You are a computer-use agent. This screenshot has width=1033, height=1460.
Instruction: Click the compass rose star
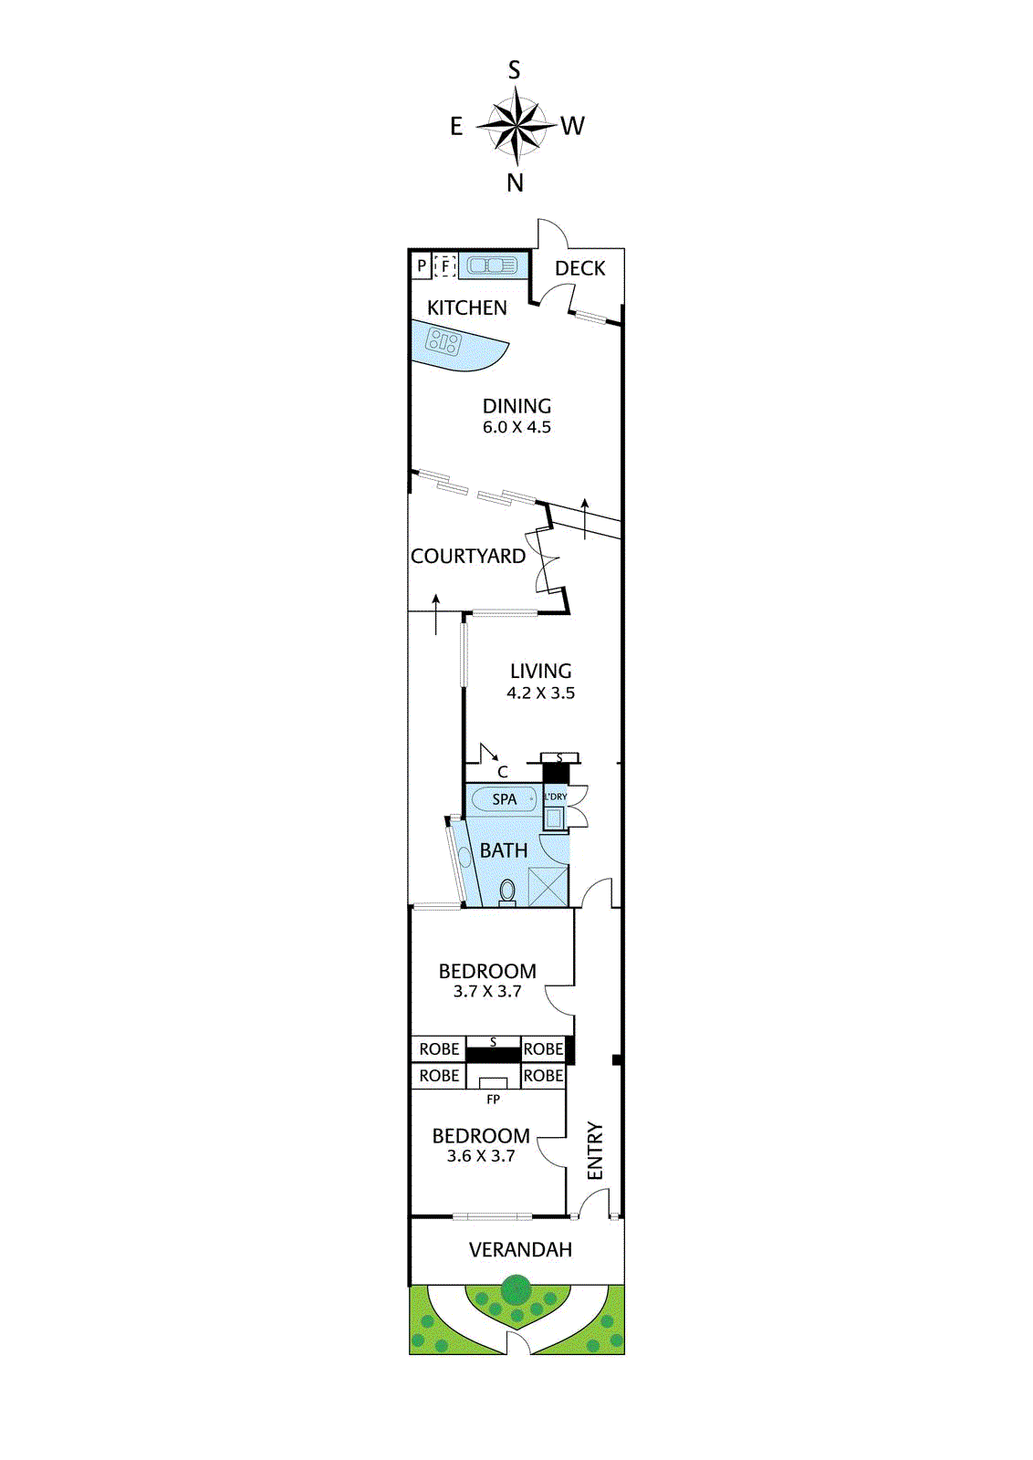516,125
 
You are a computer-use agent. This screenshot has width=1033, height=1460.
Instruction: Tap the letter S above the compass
515,70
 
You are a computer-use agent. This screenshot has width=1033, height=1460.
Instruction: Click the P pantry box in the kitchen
421,266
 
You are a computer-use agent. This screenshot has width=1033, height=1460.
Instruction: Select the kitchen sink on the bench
493,266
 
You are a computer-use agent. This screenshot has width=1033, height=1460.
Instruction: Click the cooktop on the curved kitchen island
444,343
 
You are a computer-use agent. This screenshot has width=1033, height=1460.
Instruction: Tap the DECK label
579,268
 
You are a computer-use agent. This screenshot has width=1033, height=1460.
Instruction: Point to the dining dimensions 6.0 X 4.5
516,427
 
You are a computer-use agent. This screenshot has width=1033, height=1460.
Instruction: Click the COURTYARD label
467,556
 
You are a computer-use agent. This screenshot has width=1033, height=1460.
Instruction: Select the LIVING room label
540,671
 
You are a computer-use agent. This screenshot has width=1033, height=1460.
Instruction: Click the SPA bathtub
504,799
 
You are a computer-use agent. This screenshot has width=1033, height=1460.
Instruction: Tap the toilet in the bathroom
507,891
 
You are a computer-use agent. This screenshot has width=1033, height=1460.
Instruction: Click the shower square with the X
548,887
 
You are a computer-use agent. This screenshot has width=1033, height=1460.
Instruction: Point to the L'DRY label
556,797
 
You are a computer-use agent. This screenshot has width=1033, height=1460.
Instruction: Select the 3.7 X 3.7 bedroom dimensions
487,992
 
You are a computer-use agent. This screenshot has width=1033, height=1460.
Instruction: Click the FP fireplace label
493,1100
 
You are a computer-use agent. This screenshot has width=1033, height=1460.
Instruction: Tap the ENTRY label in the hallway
595,1151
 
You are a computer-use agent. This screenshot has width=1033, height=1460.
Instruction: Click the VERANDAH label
520,1250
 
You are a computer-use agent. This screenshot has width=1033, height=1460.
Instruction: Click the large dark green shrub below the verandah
516,1291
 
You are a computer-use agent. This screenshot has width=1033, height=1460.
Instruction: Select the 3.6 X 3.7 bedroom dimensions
481,1156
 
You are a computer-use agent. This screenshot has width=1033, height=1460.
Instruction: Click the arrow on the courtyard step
436,613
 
